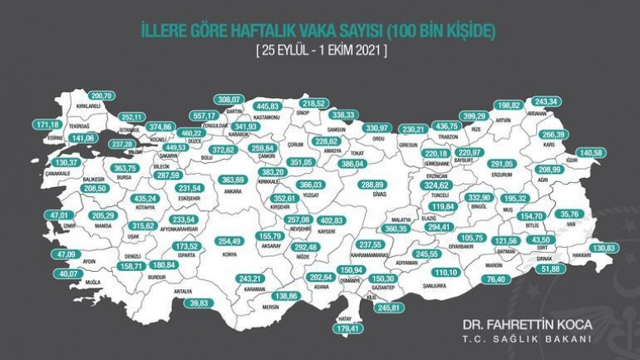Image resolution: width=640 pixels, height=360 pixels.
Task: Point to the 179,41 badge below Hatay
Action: click(x=346, y=330)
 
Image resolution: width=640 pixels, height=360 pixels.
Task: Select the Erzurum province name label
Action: click(x=501, y=175)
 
